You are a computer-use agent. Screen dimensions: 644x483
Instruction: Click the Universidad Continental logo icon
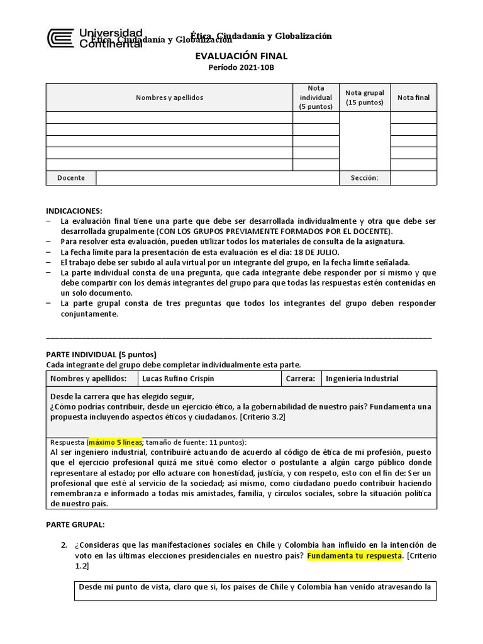coord(60,38)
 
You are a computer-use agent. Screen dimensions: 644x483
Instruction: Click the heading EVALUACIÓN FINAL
coord(241,57)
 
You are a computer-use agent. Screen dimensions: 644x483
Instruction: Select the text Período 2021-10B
coord(241,69)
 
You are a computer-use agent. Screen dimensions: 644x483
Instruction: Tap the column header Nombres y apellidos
coord(169,97)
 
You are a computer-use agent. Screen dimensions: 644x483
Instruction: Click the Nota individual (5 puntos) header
coord(316,97)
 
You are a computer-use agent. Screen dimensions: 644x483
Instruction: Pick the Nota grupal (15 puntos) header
coord(365,97)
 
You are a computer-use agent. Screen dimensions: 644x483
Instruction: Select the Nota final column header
coord(413,97)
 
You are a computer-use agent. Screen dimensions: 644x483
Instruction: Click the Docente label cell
coord(71,178)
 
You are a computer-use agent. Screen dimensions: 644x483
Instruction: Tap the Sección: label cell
coord(365,178)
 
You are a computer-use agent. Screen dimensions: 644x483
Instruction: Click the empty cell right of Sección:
coord(413,178)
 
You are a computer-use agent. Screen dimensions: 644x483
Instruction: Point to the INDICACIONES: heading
coord(74,211)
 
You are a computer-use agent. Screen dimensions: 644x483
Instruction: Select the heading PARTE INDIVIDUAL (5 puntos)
coord(101,354)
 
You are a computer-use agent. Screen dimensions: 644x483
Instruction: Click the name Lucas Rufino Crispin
coord(177,379)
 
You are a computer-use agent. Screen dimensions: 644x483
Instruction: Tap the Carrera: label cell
coord(300,379)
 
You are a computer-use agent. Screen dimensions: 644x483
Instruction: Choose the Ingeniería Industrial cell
coord(362,379)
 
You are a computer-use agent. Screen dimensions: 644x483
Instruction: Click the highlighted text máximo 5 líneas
coord(116,441)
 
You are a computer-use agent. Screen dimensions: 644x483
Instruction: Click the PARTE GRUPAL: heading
coord(75,524)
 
